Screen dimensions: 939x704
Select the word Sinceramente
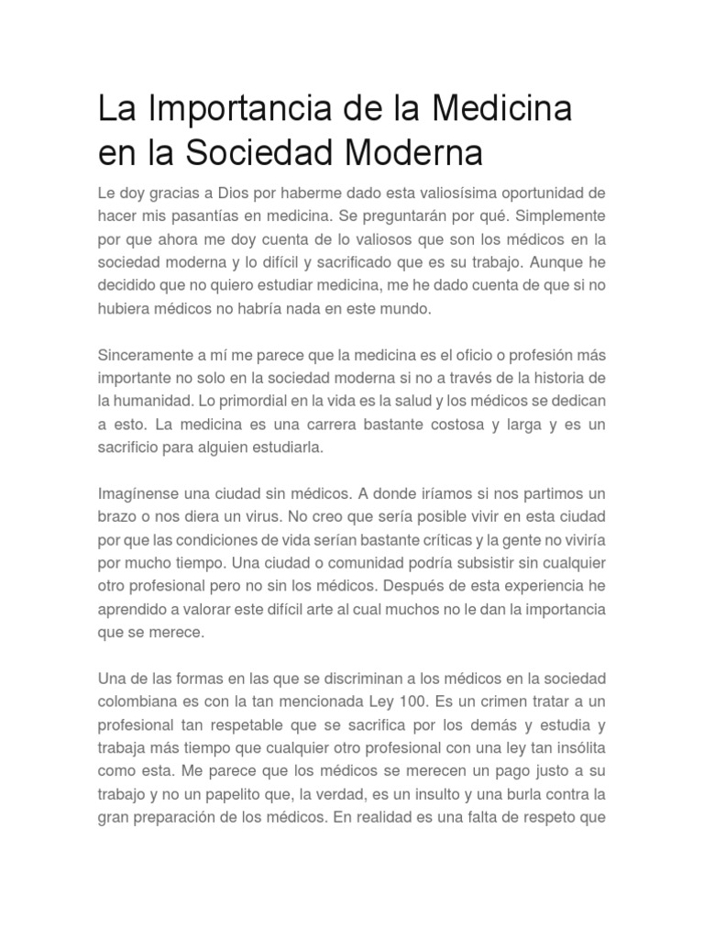tap(143, 356)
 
